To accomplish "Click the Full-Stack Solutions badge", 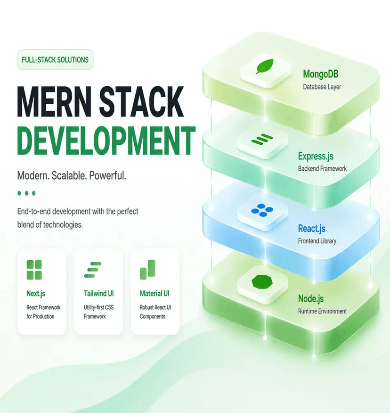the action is (55, 59).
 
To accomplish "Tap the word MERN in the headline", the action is (54, 101).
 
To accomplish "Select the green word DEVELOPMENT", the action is (106, 141).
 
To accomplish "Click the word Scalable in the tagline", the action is (69, 175).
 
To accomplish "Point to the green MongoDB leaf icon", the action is (265, 66).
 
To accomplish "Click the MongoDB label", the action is (321, 74).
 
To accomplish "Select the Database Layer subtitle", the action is (322, 87).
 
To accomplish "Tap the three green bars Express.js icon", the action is (262, 140).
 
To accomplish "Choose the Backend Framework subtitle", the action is (322, 168).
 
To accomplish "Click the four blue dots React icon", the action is (262, 210).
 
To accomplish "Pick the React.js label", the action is (312, 229).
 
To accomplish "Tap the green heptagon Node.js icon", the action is (262, 282).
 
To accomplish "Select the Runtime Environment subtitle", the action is (322, 311).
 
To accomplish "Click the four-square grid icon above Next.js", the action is (34, 270).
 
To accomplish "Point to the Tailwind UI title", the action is (99, 293).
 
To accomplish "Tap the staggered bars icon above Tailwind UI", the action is (93, 270).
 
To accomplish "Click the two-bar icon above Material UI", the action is (147, 270).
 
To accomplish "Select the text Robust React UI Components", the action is (155, 312).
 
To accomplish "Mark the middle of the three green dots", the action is (26, 193).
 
